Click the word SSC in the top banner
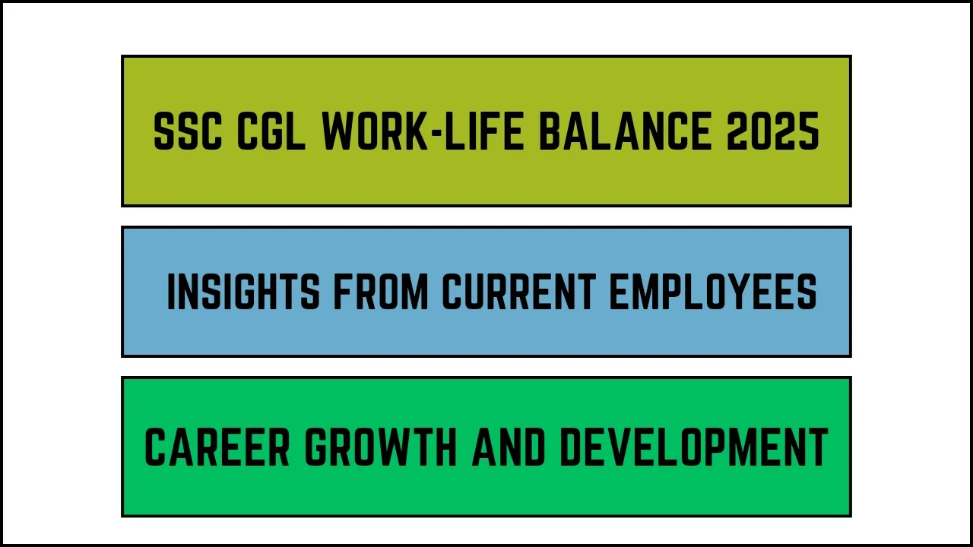point(188,131)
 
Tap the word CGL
point(271,131)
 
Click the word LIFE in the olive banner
point(483,131)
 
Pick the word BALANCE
point(625,131)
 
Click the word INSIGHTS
point(244,292)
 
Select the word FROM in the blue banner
point(381,292)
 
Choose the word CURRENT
point(519,292)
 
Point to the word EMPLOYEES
point(713,292)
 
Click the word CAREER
point(217,447)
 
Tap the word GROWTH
point(381,447)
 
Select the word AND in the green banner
point(509,447)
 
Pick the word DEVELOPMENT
point(695,447)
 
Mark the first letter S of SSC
point(165,131)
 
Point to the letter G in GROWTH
point(315,447)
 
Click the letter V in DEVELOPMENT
point(620,447)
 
